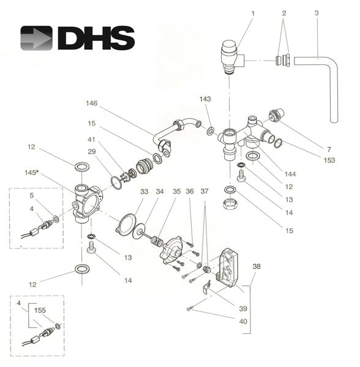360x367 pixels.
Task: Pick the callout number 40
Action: click(x=244, y=322)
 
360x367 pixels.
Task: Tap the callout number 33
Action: click(x=144, y=191)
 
